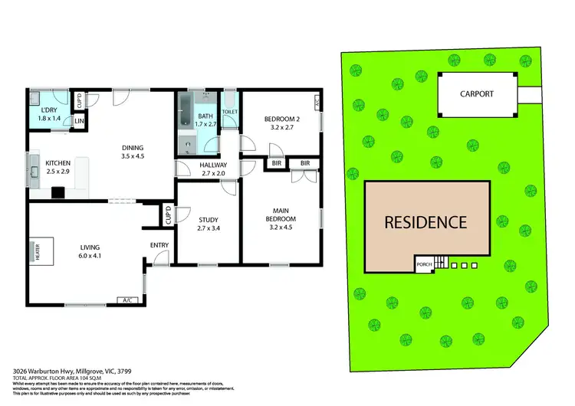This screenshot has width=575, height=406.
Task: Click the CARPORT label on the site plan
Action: pyautogui.click(x=477, y=94)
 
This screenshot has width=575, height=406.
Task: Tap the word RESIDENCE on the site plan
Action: pyautogui.click(x=426, y=223)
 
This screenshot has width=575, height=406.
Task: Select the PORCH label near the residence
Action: pyautogui.click(x=423, y=266)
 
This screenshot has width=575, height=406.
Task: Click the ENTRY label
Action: pyautogui.click(x=160, y=246)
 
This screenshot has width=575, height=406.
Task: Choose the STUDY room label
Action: pyautogui.click(x=209, y=220)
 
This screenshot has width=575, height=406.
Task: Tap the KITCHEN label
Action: pyautogui.click(x=58, y=163)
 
